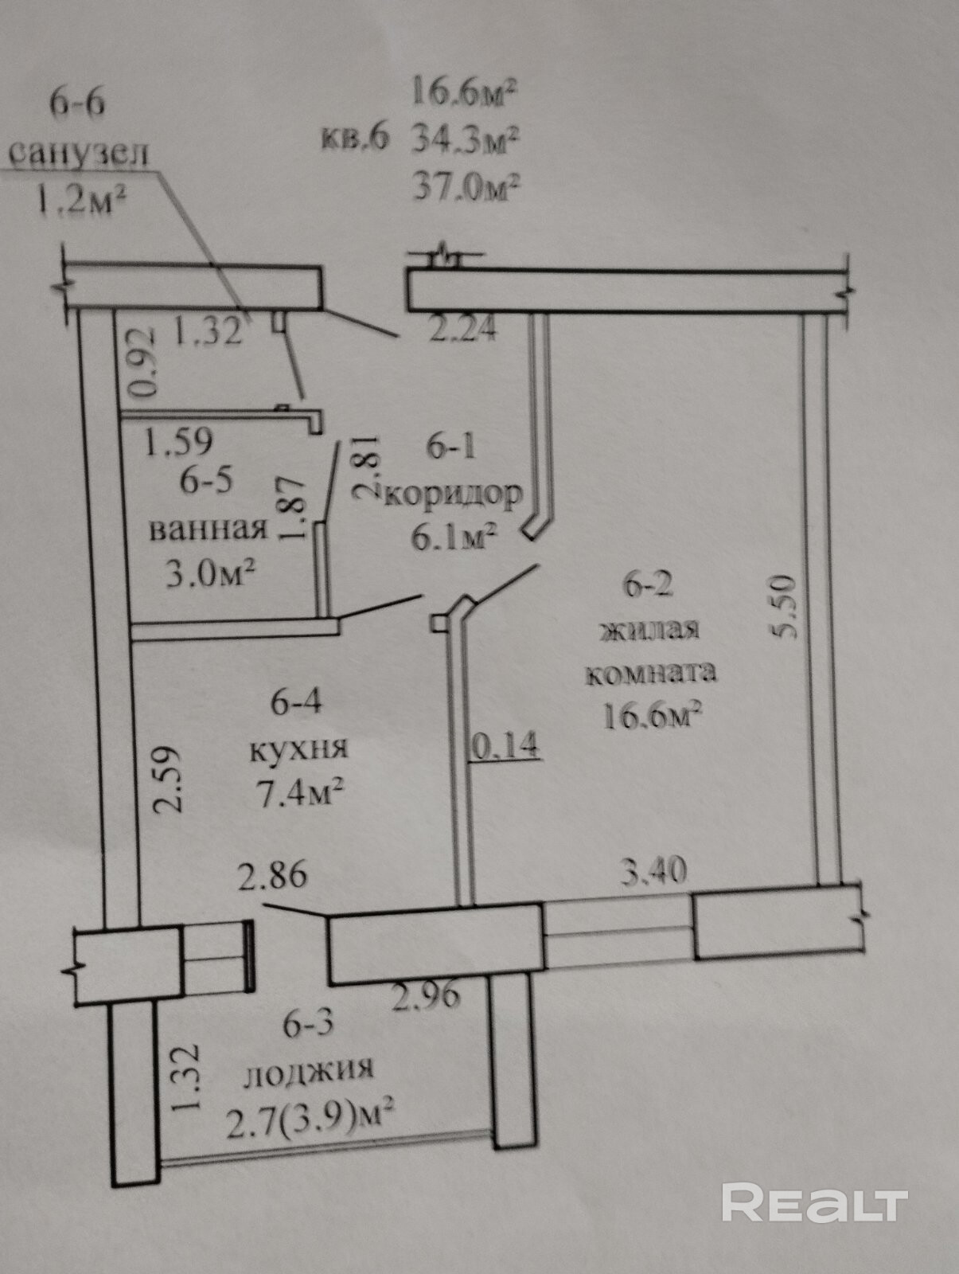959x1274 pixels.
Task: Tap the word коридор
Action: (454, 495)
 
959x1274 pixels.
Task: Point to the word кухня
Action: (298, 748)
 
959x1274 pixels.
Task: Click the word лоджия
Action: (308, 1069)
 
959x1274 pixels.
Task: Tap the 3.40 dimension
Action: (653, 871)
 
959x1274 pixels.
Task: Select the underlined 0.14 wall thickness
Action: (505, 746)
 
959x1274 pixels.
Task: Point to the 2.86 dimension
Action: (273, 875)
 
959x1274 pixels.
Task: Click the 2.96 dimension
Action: (427, 995)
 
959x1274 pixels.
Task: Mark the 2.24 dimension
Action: (462, 328)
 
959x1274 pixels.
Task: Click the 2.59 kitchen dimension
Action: (168, 778)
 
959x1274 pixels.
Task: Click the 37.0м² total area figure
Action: (466, 188)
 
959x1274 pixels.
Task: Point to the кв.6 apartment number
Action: (354, 138)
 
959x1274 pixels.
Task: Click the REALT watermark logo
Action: (814, 1202)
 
